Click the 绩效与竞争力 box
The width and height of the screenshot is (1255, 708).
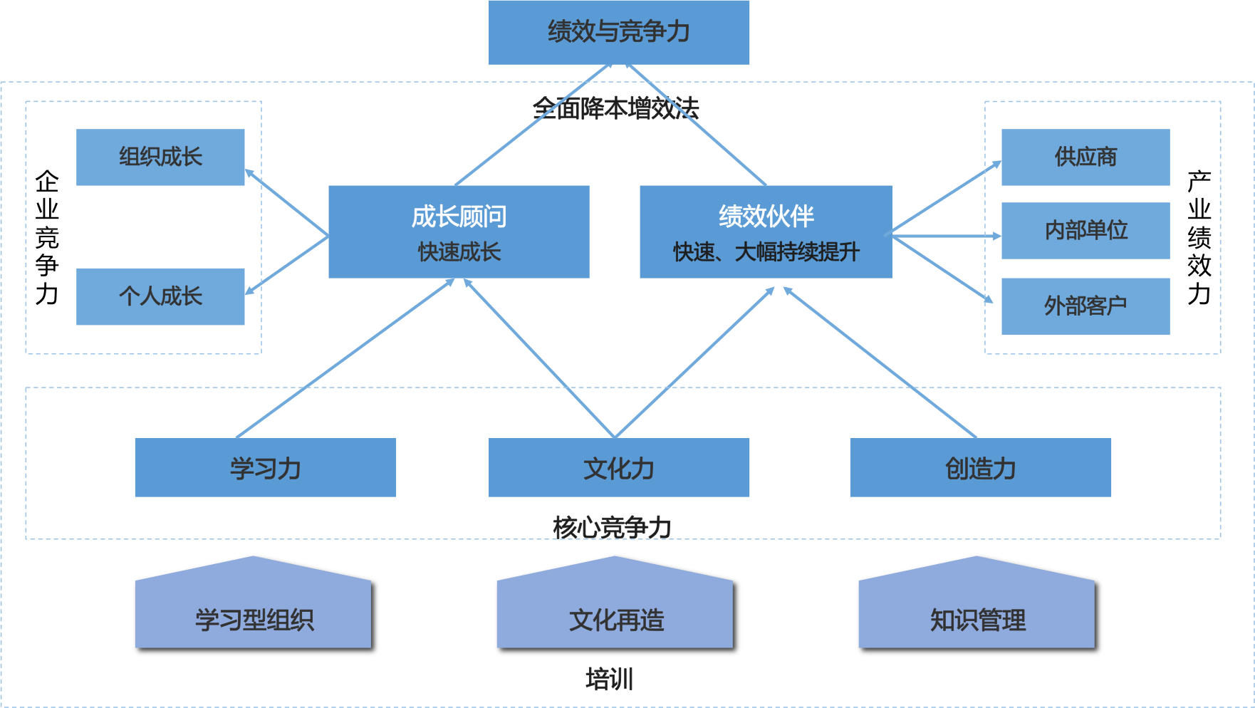click(x=618, y=32)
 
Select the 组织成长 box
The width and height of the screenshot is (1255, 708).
click(x=160, y=157)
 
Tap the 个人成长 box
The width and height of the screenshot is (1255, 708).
click(x=160, y=296)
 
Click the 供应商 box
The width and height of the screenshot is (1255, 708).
click(x=1085, y=157)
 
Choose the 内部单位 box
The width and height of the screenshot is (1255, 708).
click(x=1085, y=230)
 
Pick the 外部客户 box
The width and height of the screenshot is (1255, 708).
click(x=1085, y=306)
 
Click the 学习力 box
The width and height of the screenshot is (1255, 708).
click(x=265, y=468)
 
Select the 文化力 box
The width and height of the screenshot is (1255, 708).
click(x=618, y=468)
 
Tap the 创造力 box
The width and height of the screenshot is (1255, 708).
click(x=980, y=468)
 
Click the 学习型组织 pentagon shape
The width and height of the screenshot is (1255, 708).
click(x=253, y=613)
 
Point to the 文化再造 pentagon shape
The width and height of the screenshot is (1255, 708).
click(x=615, y=613)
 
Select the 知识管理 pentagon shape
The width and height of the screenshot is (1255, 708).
click(x=977, y=613)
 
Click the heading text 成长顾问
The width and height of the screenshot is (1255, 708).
click(x=459, y=216)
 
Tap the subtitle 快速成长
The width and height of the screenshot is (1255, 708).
click(x=459, y=251)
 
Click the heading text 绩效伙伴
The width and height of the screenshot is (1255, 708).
click(x=766, y=216)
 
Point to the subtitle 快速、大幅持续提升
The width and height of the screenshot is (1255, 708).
click(x=766, y=251)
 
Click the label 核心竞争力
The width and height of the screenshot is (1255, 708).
click(x=612, y=527)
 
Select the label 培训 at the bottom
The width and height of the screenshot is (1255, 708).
click(x=609, y=679)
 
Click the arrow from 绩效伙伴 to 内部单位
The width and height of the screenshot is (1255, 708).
click(x=947, y=235)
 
